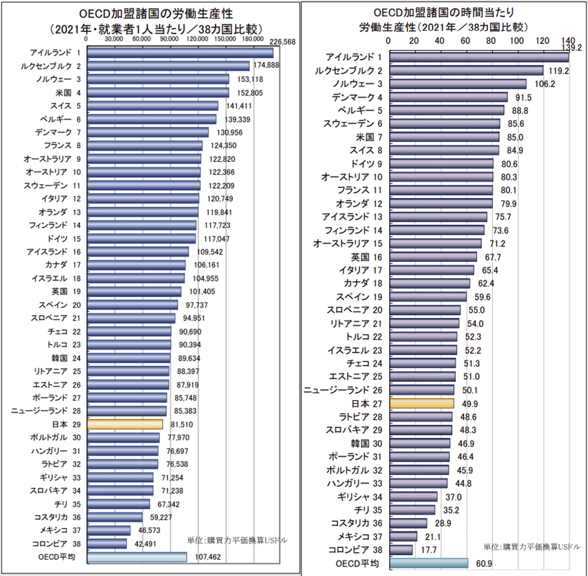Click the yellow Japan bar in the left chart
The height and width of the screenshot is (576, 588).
[x=125, y=425]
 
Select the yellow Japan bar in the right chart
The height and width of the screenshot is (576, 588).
[x=422, y=403]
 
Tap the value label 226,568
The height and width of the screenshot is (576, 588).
[x=282, y=42]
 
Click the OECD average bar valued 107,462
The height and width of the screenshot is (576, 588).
[x=137, y=557]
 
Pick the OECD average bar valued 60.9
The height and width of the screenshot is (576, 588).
[x=429, y=563]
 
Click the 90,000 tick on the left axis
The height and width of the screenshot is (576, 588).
[x=169, y=39]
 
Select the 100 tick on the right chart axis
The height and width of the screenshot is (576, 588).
[x=516, y=41]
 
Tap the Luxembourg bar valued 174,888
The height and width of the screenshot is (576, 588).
[x=168, y=66]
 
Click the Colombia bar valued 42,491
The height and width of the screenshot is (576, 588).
[x=107, y=544]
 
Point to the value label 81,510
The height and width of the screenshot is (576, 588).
[x=182, y=425]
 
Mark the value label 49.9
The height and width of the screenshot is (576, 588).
[x=470, y=404]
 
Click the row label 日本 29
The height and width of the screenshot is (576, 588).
[x=66, y=425]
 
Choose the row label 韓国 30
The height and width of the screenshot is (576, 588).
[x=366, y=444]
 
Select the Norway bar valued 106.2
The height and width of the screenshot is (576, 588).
[x=458, y=84]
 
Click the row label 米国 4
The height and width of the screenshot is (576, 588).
[x=68, y=93]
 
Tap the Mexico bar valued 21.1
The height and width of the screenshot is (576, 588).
[x=403, y=537]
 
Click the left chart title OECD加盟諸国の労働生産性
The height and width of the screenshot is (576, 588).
[x=156, y=14]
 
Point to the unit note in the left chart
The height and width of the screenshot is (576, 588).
[x=237, y=540]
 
